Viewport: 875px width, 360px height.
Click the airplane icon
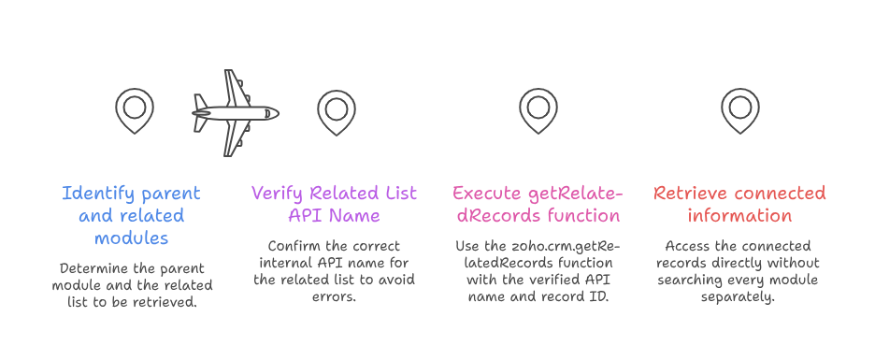(235, 113)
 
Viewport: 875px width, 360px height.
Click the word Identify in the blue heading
(97, 194)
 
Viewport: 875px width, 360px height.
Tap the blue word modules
(131, 238)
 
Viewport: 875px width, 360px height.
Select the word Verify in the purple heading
(278, 194)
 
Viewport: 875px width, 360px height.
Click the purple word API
(304, 215)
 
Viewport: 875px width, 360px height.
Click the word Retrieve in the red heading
(690, 194)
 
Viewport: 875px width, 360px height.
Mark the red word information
(740, 215)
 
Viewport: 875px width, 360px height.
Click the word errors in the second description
(335, 297)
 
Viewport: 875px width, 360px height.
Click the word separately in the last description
(738, 297)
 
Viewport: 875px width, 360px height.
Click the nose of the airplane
(278, 113)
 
